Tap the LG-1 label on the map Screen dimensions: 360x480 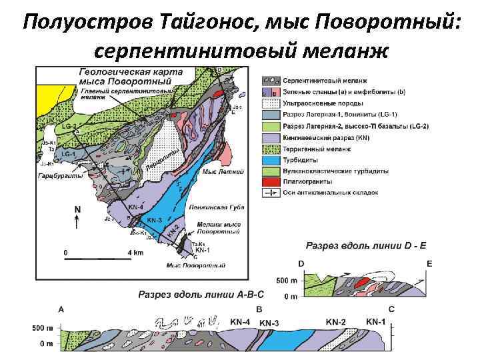click(69, 154)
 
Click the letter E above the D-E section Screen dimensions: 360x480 click(429, 264)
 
